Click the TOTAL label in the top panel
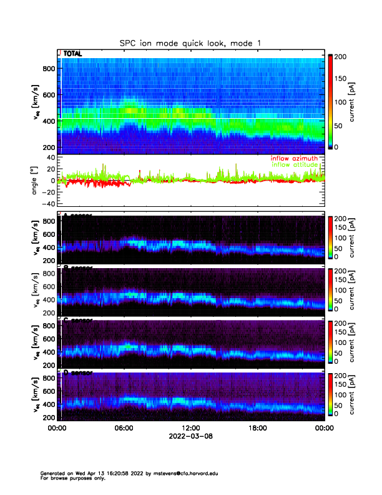coord(72,54)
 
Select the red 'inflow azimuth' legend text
coord(294,159)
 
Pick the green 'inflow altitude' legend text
coord(294,165)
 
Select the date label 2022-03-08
coord(190,436)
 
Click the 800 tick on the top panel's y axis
coord(48,69)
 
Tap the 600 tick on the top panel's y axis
coord(48,95)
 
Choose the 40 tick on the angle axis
coord(48,157)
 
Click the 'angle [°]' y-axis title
coord(35,180)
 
